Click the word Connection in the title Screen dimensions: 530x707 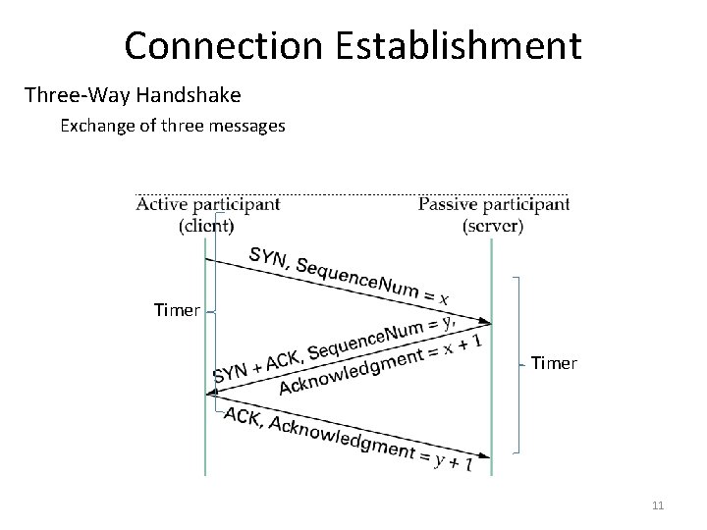coord(218,45)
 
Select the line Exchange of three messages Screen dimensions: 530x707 coord(173,126)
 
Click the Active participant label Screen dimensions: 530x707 coord(207,204)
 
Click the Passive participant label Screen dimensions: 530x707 coord(493,204)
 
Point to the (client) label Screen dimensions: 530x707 coord(206,225)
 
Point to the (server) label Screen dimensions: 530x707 coord(493,225)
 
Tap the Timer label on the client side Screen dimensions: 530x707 coord(177,310)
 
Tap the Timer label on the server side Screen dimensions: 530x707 coord(554,363)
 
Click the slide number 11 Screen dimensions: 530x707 coord(658,505)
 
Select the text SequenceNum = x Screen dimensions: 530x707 coord(373,281)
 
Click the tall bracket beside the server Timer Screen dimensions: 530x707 coord(518,363)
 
